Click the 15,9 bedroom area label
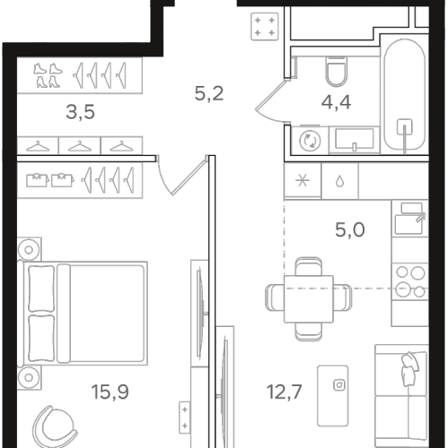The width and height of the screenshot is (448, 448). [110, 392]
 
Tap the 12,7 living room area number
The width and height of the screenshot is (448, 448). [285, 392]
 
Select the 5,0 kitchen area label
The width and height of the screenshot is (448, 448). [350, 230]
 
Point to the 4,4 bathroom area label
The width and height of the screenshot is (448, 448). [336, 102]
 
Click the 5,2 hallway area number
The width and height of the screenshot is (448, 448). [209, 93]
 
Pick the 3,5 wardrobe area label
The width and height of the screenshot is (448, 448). [80, 112]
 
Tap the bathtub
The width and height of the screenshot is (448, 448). [404, 95]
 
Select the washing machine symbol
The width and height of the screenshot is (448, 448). [310, 141]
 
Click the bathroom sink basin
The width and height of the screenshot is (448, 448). [355, 139]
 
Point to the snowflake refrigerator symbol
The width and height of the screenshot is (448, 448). [303, 181]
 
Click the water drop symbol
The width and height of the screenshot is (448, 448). [339, 181]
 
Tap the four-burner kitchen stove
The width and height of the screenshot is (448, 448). [410, 282]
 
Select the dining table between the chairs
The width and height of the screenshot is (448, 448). [309, 299]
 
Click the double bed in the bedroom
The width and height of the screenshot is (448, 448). [83, 313]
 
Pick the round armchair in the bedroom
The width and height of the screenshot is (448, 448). [54, 426]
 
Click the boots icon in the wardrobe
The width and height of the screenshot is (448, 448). [48, 75]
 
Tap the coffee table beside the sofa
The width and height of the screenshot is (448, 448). [332, 395]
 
